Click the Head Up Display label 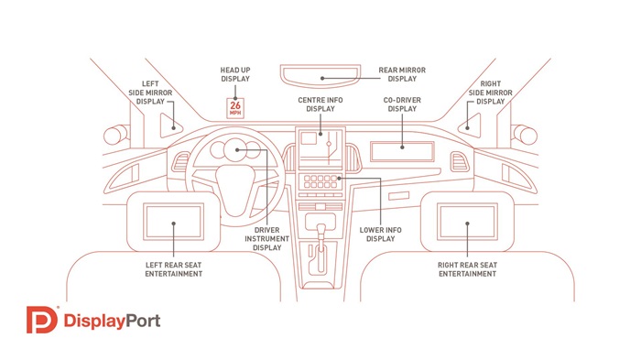coord(235,74)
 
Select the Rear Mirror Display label coord(403,74)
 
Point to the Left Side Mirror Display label coord(151,92)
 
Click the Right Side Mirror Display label coord(490,92)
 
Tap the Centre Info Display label coord(320,104)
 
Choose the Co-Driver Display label coord(402,104)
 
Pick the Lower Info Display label coord(380,234)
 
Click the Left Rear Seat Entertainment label coord(174,268)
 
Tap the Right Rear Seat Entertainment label coord(467,268)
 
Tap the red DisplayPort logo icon coord(39,322)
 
